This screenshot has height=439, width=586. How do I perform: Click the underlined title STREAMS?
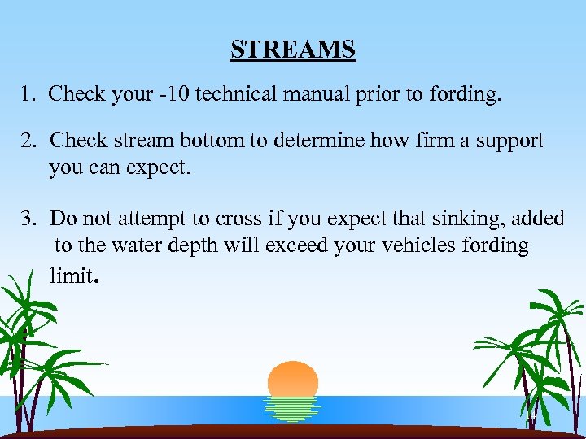point(293,50)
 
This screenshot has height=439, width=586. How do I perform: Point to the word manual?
point(313,94)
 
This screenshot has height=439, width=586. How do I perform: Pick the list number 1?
point(28,94)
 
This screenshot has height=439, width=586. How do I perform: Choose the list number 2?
point(28,141)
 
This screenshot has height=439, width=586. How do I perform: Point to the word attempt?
point(149,218)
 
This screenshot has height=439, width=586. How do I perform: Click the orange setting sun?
point(293,379)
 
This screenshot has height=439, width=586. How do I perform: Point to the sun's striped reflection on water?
point(293,409)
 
